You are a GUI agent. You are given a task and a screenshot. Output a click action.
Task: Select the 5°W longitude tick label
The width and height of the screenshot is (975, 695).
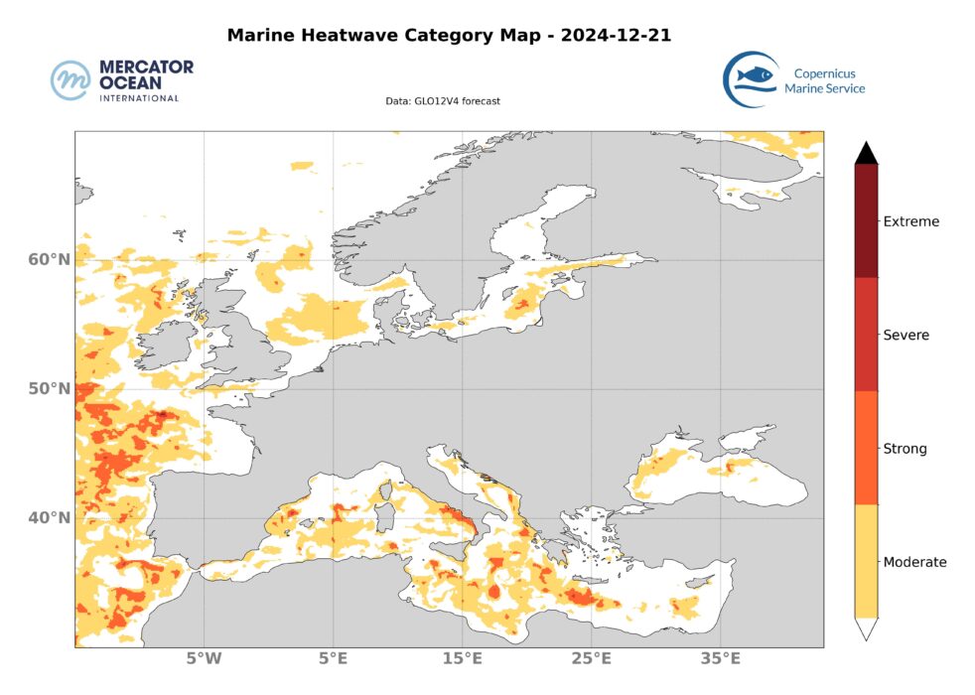[x=204, y=658]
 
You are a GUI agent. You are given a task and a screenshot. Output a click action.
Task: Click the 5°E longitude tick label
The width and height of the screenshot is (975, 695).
[x=333, y=658]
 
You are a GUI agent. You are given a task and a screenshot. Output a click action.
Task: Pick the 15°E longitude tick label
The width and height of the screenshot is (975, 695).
[x=462, y=658]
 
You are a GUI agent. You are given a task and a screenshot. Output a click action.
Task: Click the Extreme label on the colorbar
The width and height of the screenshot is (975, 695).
[x=910, y=221]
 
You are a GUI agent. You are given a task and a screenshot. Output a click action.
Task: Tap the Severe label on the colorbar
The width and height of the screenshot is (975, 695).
[x=905, y=336]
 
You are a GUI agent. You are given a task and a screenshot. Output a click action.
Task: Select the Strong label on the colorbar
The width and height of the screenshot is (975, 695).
[x=905, y=449]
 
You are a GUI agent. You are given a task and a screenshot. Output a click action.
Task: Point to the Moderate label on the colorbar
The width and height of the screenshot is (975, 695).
[x=914, y=562]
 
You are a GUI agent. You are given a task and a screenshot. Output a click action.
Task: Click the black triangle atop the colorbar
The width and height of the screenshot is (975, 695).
[x=866, y=153]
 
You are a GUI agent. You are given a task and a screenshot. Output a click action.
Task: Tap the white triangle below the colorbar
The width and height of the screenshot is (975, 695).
[x=866, y=628]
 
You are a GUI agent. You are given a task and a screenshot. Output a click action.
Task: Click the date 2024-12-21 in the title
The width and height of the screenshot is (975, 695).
[x=615, y=36]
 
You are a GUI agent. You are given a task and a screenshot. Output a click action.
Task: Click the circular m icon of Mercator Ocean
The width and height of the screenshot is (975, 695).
[x=70, y=80]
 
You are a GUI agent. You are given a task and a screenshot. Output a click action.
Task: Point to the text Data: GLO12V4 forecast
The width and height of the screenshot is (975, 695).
[x=443, y=101]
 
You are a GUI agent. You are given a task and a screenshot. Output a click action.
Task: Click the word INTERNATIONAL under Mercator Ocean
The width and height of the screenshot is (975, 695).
[x=139, y=98]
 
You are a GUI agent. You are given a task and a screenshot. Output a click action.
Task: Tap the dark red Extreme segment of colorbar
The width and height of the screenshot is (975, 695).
[x=866, y=220]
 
